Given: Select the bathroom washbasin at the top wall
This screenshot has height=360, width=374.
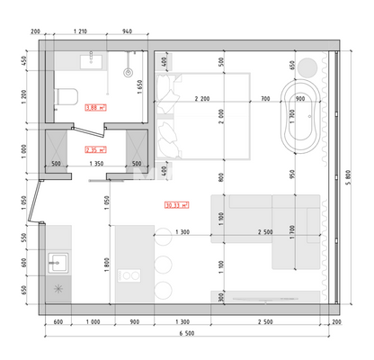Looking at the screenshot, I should [90, 61].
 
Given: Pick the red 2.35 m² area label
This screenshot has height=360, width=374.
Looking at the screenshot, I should [95, 149].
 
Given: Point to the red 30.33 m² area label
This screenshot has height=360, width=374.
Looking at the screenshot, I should [178, 204].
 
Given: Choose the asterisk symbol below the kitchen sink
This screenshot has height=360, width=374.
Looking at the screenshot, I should [59, 290].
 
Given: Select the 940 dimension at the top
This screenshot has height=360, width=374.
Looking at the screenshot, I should [129, 31].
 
